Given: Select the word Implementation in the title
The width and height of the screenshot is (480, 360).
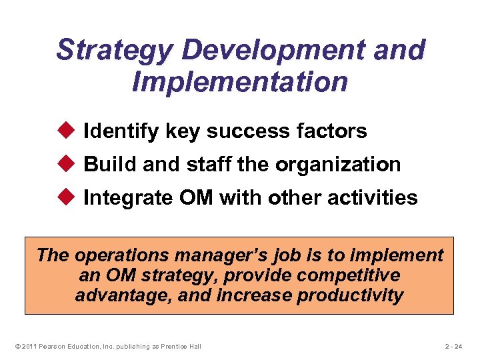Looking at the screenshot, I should (240, 83).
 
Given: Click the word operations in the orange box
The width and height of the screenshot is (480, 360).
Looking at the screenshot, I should (117, 255).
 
